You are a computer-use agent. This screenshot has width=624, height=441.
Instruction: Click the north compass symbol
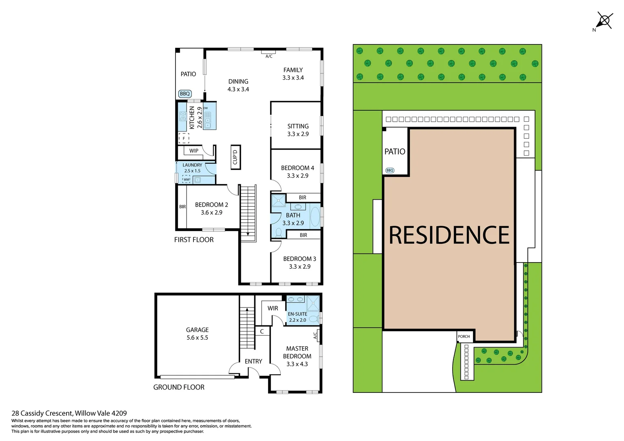(604, 20)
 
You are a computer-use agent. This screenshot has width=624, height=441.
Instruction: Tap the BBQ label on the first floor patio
(185, 94)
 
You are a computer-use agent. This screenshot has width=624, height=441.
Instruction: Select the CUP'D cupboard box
(235, 157)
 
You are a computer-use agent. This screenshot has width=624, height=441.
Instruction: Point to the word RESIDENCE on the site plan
(449, 235)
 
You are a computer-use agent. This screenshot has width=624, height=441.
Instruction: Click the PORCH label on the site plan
(464, 336)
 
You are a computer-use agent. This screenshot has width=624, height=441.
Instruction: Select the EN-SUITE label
(297, 314)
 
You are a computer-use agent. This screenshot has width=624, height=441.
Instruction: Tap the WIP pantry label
(194, 151)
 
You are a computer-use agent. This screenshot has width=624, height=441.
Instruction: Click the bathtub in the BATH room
(315, 216)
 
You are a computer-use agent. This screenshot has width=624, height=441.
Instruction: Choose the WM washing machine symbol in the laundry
(186, 179)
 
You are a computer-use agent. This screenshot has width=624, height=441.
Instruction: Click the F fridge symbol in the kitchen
(184, 138)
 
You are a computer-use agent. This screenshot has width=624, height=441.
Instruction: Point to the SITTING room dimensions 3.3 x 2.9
(298, 134)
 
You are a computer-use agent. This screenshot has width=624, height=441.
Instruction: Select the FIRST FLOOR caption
(194, 240)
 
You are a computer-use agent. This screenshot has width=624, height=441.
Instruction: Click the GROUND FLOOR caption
(179, 387)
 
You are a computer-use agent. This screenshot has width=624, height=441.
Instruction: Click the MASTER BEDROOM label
(297, 352)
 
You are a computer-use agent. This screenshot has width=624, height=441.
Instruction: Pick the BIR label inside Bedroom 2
(182, 207)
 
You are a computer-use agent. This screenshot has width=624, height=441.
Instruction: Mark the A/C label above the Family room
(269, 56)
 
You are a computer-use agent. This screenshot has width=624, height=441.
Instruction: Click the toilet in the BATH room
(279, 233)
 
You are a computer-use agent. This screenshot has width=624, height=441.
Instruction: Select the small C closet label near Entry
(262, 332)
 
